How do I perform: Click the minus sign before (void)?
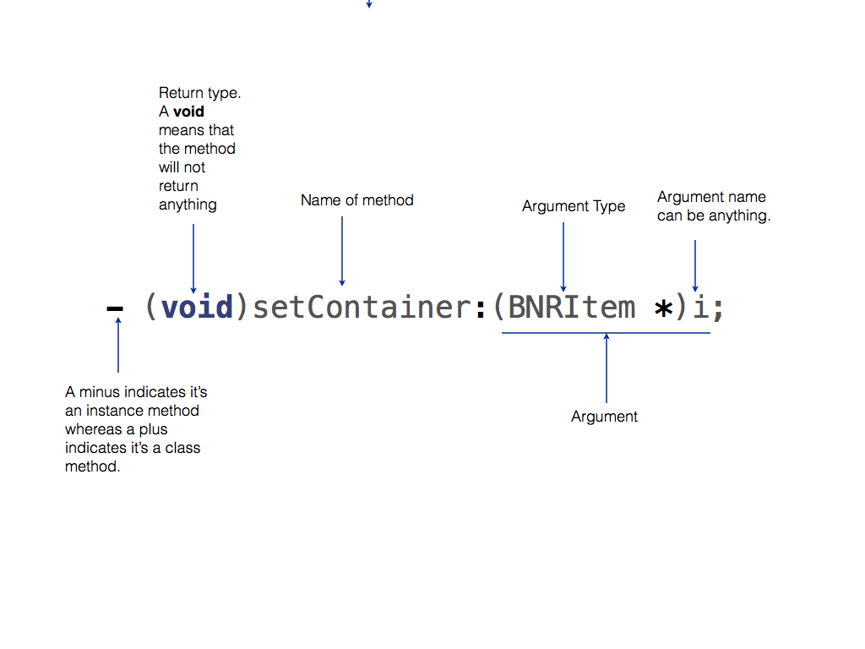114,309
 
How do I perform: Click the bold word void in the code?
197,307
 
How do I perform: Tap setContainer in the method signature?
361,307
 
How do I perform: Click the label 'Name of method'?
357,200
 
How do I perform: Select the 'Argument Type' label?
574,206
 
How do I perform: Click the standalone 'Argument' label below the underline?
604,417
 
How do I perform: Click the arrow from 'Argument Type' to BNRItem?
563,257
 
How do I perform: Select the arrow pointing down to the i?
695,265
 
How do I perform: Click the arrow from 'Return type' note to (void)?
193,258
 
